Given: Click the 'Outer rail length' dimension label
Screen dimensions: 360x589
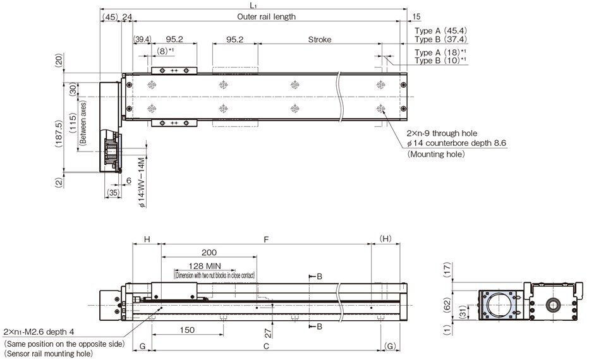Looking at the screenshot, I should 266,17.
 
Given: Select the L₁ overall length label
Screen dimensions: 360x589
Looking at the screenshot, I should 253,4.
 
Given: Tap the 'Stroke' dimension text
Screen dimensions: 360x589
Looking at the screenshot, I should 319,39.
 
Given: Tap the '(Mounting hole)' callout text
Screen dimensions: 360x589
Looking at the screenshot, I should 436,153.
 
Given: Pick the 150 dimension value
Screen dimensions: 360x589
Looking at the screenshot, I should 187,330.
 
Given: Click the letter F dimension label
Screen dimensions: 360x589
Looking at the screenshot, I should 266,240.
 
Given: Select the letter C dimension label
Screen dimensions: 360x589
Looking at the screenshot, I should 266,347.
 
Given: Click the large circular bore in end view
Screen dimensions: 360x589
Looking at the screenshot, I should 499,304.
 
